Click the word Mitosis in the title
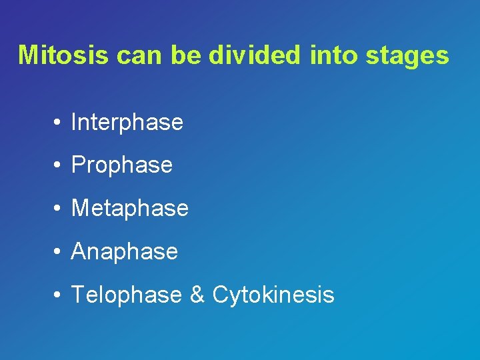click(63, 55)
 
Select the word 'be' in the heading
click(187, 55)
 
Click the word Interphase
click(127, 123)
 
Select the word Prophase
click(121, 165)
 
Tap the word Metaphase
click(129, 208)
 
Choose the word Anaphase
click(124, 251)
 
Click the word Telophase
click(126, 295)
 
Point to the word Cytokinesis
click(273, 295)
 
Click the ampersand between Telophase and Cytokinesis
click(197, 295)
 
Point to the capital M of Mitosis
click(29, 55)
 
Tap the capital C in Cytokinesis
click(221, 294)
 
